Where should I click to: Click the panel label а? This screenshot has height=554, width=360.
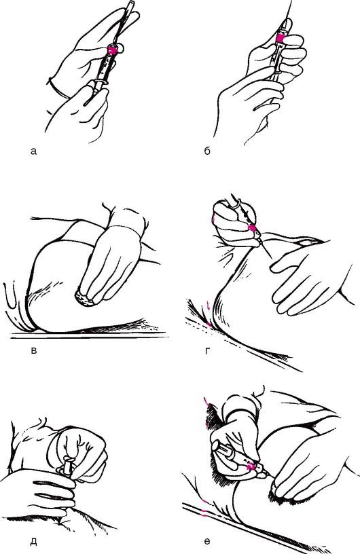33,151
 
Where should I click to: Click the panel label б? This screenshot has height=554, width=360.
207,151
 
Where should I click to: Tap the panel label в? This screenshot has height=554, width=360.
34,351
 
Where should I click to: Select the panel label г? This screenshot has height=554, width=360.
207,351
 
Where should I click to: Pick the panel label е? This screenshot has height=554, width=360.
207,541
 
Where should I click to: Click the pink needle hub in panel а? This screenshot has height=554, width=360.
113,50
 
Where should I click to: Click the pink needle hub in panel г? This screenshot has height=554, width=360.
253,228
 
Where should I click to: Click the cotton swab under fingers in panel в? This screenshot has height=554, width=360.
86,299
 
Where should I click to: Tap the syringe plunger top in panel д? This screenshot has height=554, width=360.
67,460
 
